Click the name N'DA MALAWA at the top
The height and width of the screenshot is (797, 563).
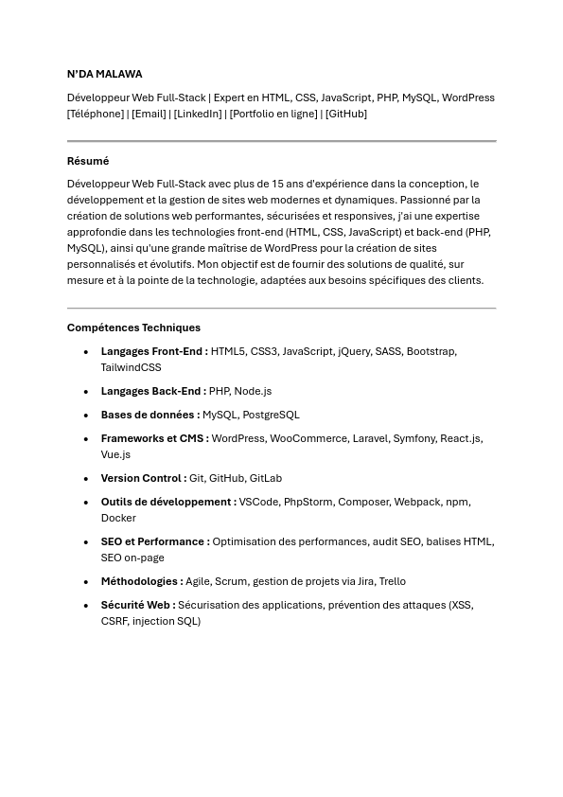(104, 74)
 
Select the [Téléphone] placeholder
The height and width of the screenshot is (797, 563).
(96, 114)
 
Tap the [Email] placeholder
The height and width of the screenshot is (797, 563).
(149, 114)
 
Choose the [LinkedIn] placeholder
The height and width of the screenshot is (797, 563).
(198, 114)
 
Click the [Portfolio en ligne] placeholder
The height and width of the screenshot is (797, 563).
(273, 114)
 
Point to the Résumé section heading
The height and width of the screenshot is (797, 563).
(88, 161)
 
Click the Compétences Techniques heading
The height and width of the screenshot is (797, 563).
(133, 328)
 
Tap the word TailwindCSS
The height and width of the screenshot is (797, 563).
(131, 367)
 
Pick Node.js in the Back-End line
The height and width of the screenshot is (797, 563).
(253, 391)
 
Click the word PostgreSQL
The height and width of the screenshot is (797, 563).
(270, 415)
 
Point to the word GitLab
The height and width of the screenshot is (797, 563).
(266, 478)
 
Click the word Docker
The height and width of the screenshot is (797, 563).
(118, 518)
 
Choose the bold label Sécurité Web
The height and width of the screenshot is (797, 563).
(137, 605)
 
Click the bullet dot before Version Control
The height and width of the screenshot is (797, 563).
(86, 479)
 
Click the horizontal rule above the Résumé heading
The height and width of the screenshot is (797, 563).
(281, 141)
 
